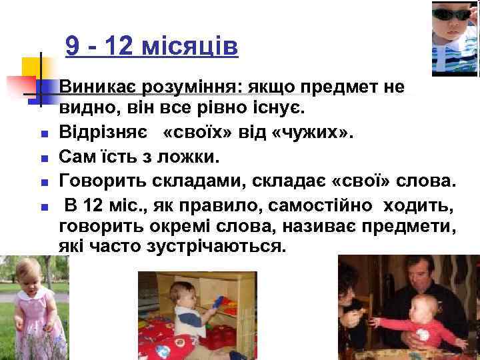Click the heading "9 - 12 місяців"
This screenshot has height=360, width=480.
pos(151,47)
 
